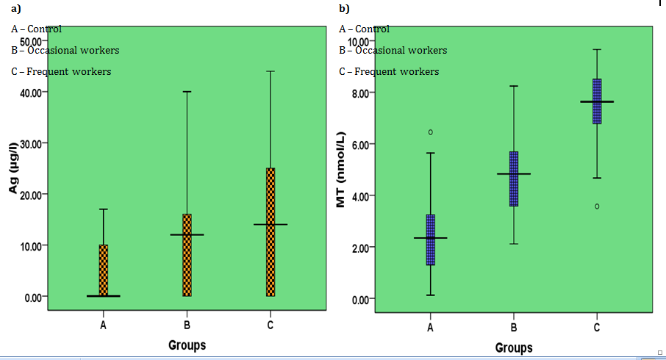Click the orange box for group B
point(187,255)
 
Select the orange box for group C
point(271,231)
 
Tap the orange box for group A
point(104,270)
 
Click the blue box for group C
point(597,101)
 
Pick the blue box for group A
point(430,240)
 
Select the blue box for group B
point(514,179)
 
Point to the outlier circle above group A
point(431,132)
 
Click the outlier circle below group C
point(597,206)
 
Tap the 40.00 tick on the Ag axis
point(34,92)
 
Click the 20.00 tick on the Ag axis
point(34,194)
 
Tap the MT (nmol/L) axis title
point(340,170)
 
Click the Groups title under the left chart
point(187,345)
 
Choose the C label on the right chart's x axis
point(597,328)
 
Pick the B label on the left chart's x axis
point(187,325)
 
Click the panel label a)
point(15,8)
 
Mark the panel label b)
point(343,8)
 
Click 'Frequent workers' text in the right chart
point(397,71)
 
